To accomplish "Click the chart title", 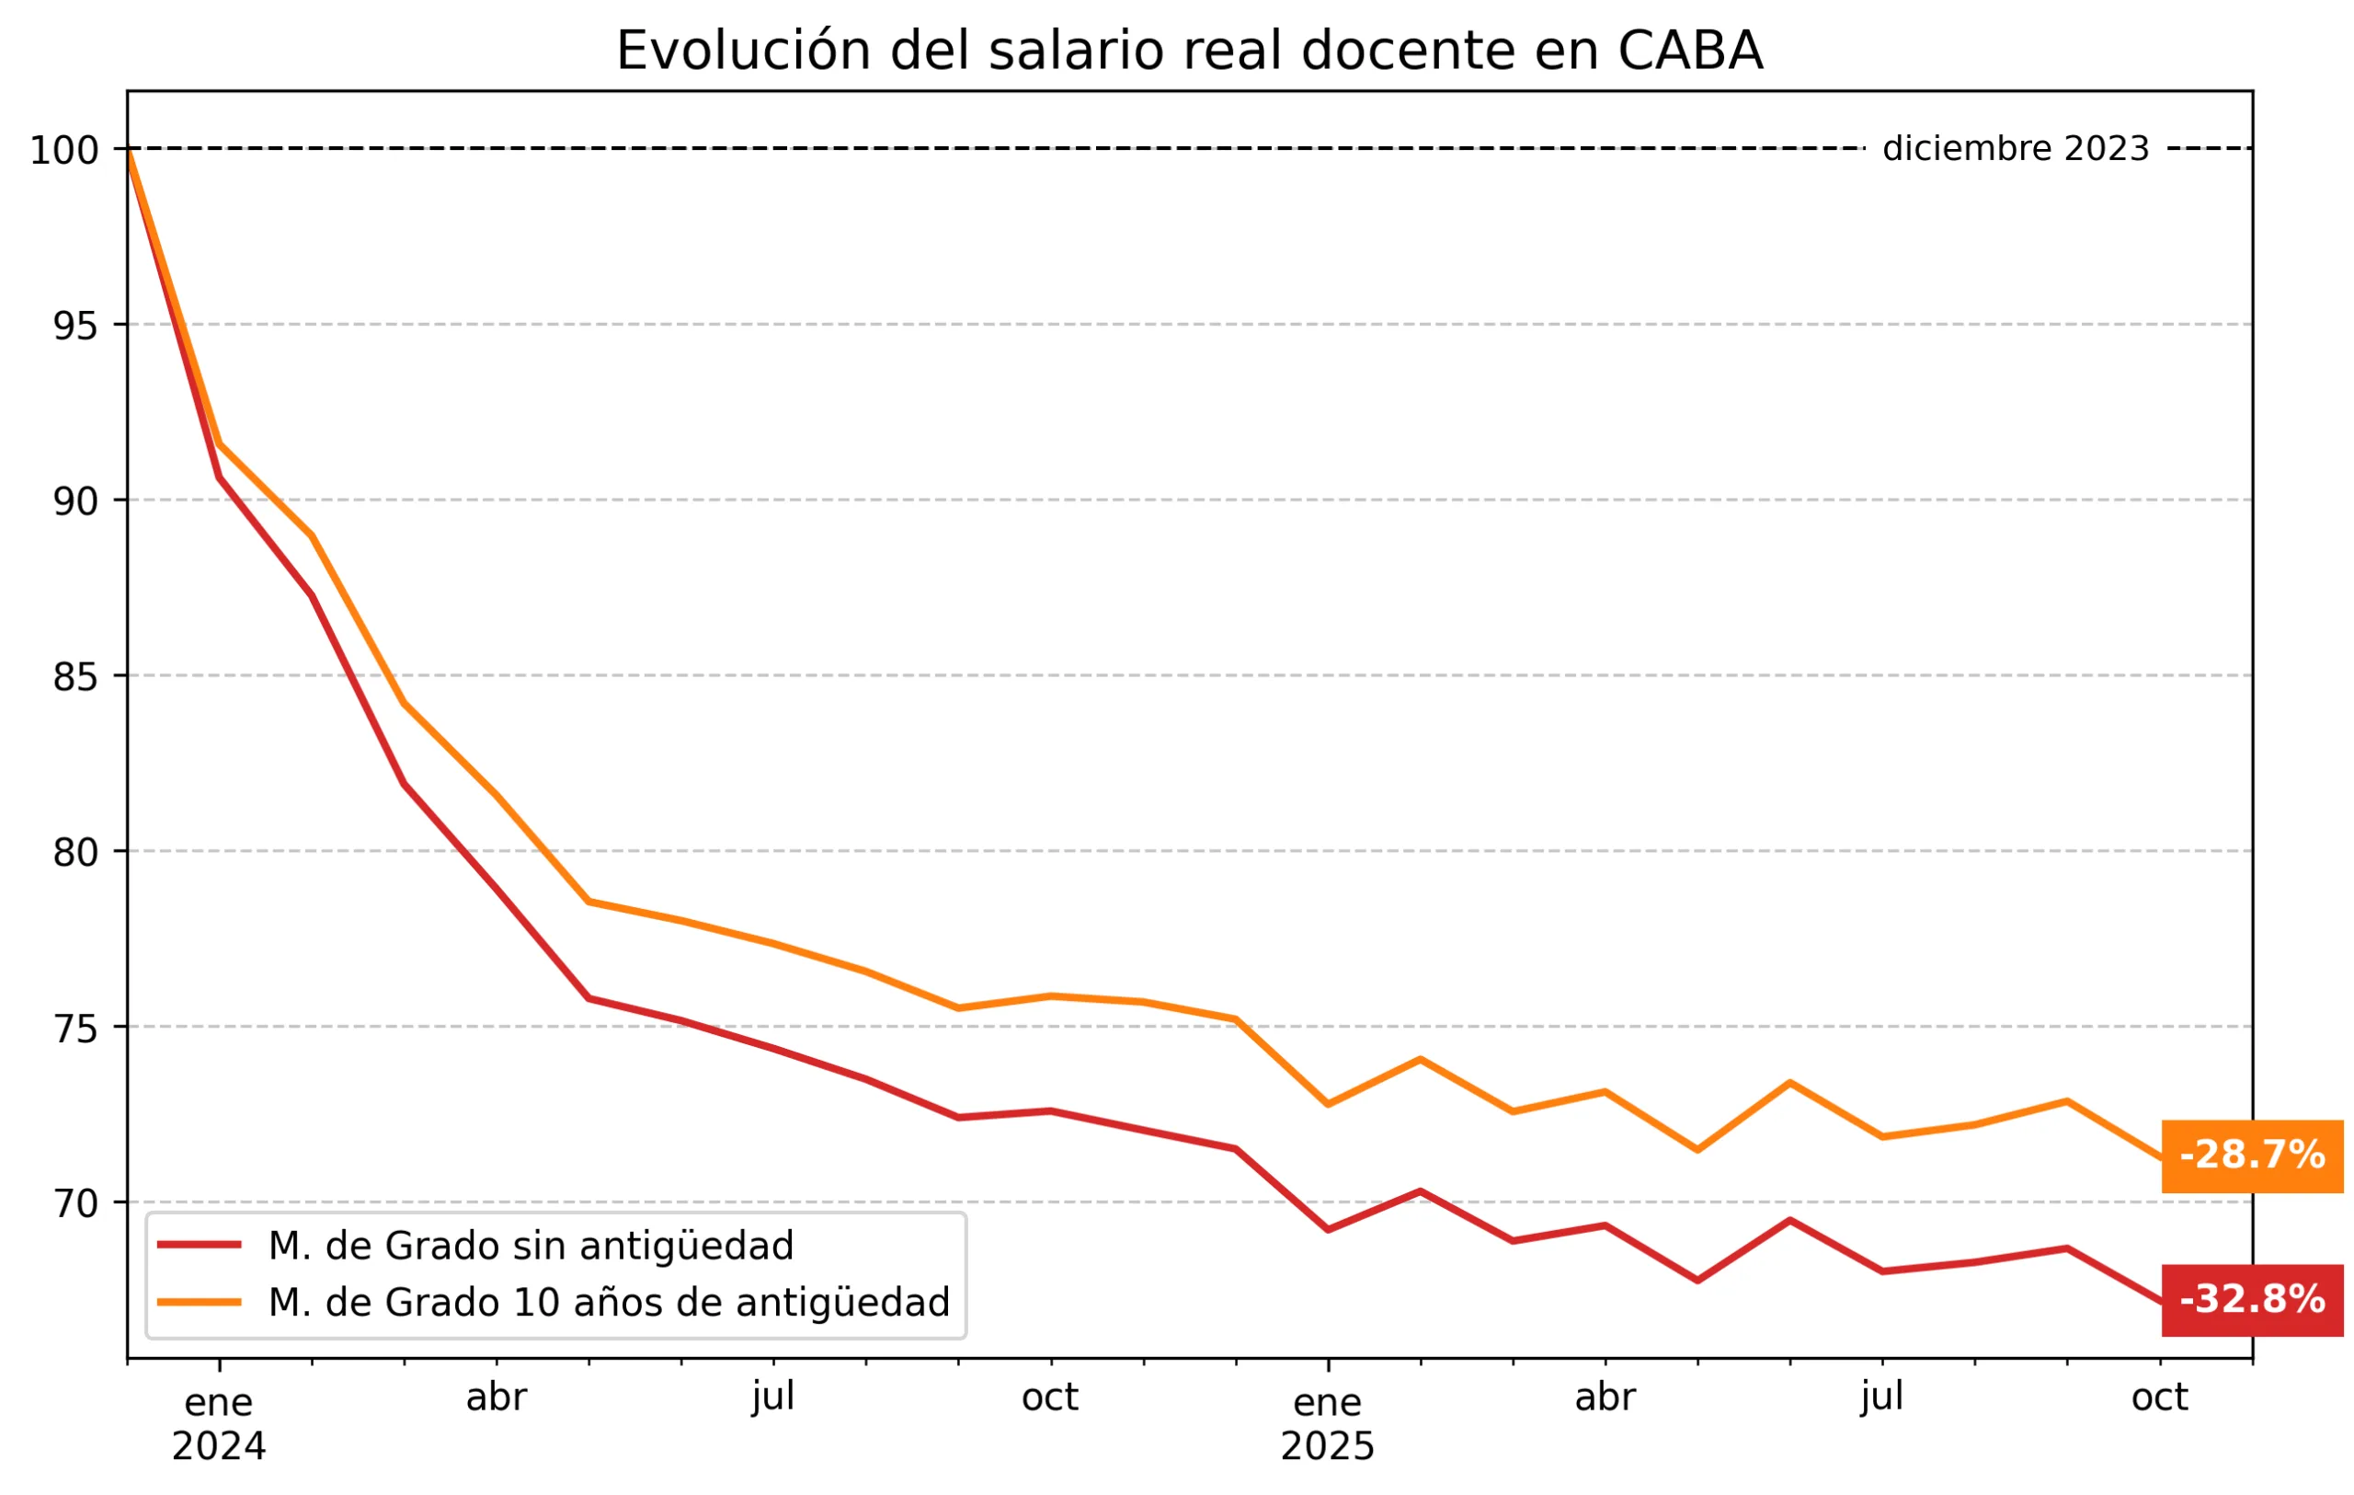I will click(x=1189, y=51).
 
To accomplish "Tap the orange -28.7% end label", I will click(x=2251, y=1156).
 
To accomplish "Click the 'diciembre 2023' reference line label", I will click(x=2016, y=150).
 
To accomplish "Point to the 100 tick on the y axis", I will click(x=64, y=152).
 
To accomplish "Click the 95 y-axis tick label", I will click(x=76, y=327).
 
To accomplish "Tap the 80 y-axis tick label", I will click(x=76, y=854).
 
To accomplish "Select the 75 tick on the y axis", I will click(x=76, y=1029).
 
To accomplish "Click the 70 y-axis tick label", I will click(x=76, y=1204).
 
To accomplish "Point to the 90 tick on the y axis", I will click(x=76, y=502).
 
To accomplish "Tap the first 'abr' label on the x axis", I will click(x=496, y=1398).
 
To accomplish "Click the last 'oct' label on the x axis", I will click(x=2158, y=1398).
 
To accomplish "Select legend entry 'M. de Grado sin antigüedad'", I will click(x=531, y=1247).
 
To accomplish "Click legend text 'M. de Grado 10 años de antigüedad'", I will click(x=609, y=1304).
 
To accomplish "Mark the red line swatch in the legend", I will click(x=200, y=1245).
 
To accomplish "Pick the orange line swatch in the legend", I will click(x=200, y=1303).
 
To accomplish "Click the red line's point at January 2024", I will click(x=219, y=477).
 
